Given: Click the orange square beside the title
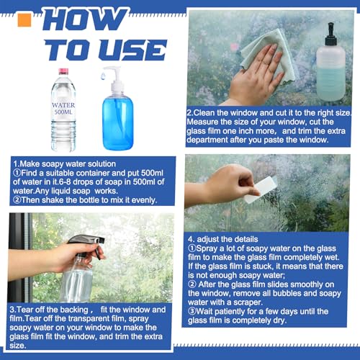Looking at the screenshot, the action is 24,20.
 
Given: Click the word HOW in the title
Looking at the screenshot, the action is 85,19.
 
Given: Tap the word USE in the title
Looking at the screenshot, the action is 133,50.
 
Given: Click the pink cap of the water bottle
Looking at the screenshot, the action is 63,71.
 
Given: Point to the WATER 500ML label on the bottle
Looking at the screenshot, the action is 63,109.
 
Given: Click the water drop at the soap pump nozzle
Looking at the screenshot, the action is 103,76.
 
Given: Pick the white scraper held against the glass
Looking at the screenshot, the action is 261,189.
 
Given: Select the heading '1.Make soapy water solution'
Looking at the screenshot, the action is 64,164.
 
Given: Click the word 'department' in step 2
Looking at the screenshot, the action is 207,140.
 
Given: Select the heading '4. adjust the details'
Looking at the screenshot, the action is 223,239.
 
